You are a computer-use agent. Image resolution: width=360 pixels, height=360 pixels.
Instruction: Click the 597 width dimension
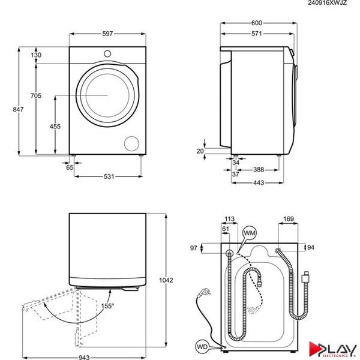point(107,34)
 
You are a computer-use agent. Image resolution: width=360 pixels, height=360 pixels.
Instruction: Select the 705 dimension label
point(37,95)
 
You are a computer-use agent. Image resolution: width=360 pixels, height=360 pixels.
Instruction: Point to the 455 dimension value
point(55,126)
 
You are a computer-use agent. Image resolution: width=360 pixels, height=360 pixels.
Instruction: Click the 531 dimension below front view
point(107,176)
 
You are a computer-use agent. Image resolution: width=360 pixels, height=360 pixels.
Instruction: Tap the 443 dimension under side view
point(258,182)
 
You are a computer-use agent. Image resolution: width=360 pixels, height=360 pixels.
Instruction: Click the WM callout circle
point(249,232)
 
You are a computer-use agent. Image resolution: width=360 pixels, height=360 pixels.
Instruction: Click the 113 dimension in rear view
point(228,219)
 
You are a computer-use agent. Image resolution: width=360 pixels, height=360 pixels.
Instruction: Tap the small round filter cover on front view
point(130,143)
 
